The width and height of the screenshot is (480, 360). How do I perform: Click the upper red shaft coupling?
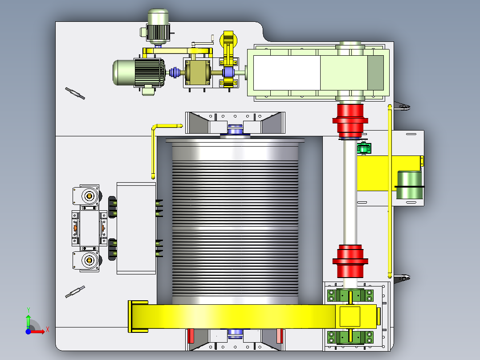pos(350,120)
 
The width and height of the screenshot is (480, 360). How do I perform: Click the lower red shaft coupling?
pos(350,261)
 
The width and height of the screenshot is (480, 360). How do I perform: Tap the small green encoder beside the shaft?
pos(364,148)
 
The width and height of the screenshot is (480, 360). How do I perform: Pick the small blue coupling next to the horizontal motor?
pos(175,73)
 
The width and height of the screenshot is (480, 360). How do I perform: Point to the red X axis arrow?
pos(37,331)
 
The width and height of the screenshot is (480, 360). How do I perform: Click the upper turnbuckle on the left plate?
pos(75,94)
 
